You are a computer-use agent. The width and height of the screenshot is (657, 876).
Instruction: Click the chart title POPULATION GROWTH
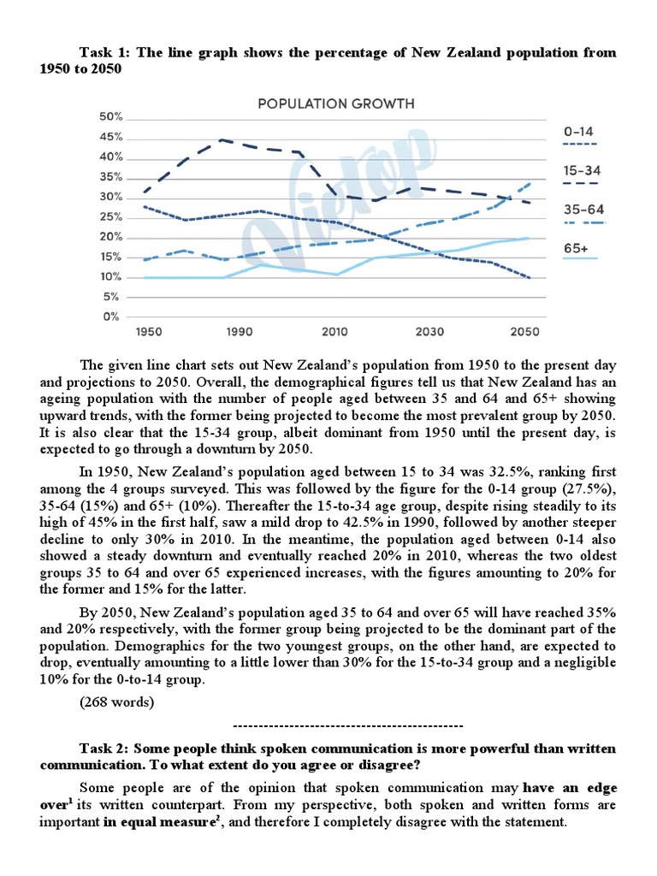(336, 104)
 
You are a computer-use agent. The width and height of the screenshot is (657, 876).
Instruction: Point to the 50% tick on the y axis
(112, 117)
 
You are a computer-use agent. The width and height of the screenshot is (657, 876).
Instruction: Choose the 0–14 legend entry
(579, 132)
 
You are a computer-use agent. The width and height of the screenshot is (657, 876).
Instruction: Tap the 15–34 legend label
(582, 171)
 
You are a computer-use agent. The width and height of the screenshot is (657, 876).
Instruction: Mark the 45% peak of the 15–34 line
(222, 139)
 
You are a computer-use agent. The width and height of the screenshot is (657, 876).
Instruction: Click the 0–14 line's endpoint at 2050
(531, 278)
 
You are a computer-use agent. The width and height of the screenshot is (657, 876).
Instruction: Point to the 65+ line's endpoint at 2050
(531, 238)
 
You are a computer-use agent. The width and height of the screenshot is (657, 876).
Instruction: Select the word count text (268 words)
(116, 702)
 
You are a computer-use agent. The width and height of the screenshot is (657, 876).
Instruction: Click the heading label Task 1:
(105, 53)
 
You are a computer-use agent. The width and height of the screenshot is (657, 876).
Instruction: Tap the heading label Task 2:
(105, 748)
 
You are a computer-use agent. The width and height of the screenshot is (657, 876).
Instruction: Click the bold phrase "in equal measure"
(154, 822)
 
